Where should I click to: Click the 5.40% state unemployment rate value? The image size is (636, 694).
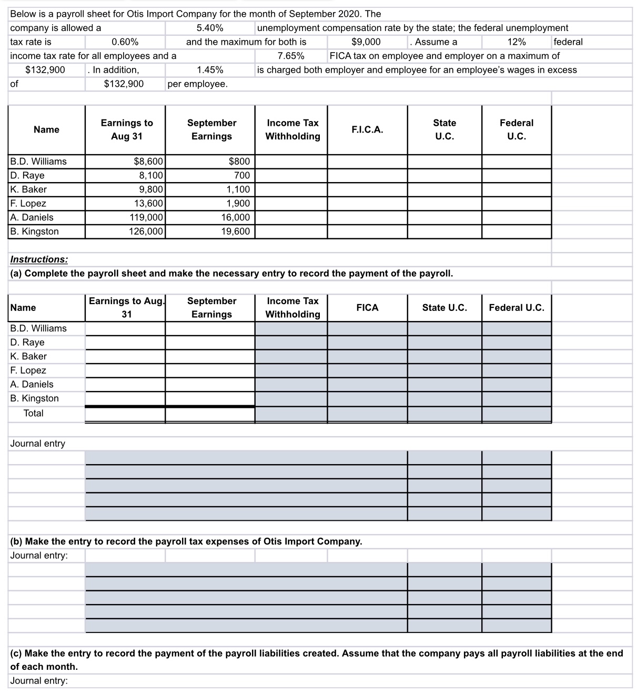[x=209, y=28]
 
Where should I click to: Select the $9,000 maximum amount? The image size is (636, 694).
[x=366, y=42]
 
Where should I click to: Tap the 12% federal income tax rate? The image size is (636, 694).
[x=516, y=42]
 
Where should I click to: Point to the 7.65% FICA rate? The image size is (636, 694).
[x=290, y=56]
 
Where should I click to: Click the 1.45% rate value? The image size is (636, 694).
[x=209, y=70]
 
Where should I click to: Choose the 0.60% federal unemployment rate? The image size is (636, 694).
[x=125, y=42]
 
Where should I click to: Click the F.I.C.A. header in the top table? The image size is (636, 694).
[x=367, y=129]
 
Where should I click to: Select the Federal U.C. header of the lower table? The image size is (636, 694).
[x=516, y=308]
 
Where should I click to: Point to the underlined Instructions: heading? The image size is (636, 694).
[x=39, y=259]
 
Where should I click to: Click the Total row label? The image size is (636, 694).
[x=34, y=414]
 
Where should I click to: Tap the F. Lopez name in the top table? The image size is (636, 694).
[x=28, y=204]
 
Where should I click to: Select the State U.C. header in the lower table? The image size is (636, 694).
[x=445, y=308]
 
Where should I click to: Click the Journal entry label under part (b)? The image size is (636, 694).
[x=39, y=556]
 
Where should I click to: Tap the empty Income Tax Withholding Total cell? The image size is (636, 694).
[x=291, y=414]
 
